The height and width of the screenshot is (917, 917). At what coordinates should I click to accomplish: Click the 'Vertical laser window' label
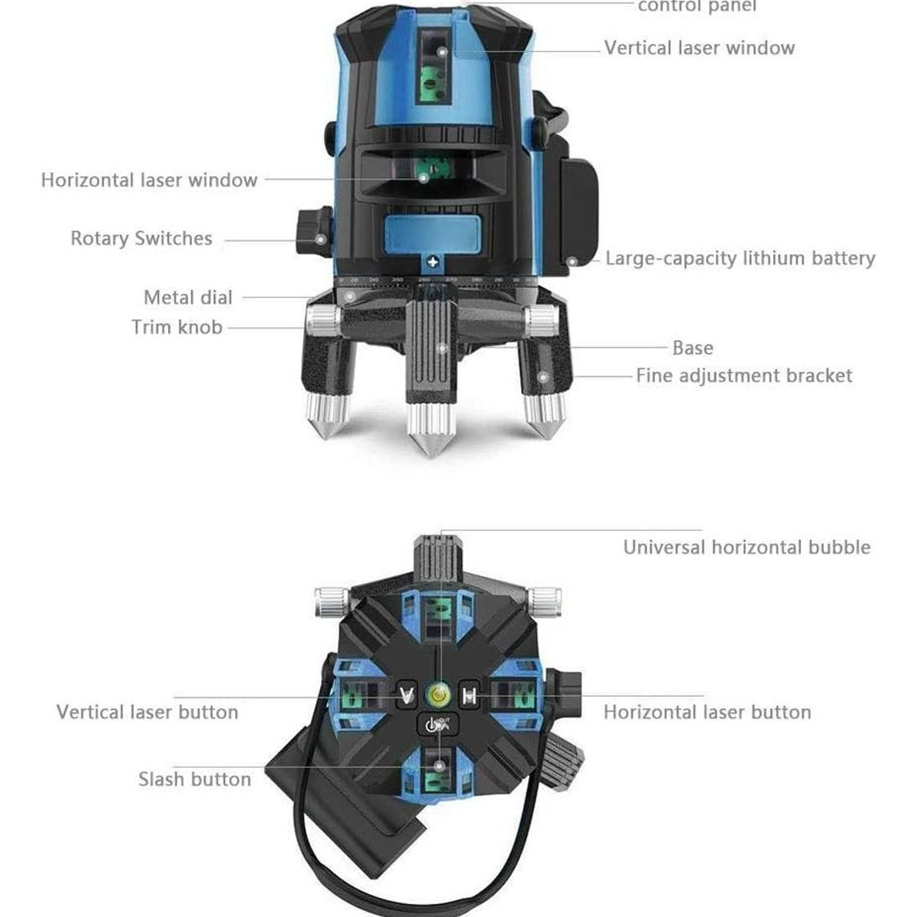pos(699,48)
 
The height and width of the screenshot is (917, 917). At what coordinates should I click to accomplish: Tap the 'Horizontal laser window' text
pos(149,180)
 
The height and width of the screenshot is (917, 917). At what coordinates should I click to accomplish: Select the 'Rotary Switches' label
pos(141,238)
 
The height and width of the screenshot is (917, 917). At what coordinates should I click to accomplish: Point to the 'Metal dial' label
pos(188,297)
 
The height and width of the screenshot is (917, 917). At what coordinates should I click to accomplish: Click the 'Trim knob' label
pos(177,327)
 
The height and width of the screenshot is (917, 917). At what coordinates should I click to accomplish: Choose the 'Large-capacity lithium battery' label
pos(740,258)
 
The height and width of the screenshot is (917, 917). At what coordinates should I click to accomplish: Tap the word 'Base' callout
pos(692,348)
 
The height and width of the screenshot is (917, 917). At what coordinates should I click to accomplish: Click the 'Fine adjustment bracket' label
pos(744,376)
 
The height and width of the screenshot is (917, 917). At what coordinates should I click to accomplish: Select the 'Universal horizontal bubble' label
pos(747,547)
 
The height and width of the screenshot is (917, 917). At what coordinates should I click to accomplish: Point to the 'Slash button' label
pos(194,779)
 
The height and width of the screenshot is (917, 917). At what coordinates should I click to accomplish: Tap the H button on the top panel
pos(470,695)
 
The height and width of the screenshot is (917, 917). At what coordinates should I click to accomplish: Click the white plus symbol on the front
pos(433,262)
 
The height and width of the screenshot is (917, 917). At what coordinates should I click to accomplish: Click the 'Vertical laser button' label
pos(147,712)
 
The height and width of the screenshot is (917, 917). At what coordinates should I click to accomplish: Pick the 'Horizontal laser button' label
pos(707,712)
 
